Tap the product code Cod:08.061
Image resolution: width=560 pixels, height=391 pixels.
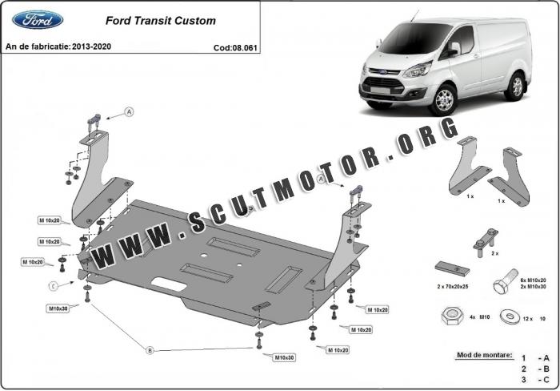234,47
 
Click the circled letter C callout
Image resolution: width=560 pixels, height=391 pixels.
53,285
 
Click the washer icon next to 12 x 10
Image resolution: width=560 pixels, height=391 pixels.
507,316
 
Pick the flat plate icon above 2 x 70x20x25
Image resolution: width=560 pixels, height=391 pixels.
451,266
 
